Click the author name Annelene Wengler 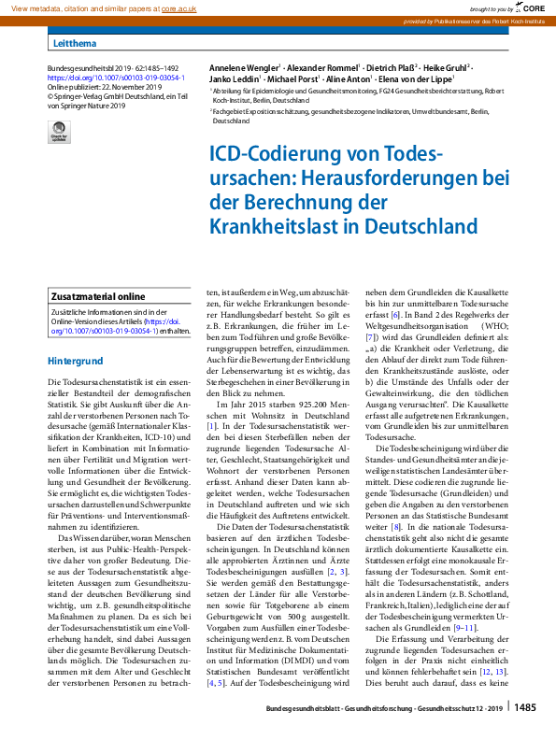pos(242,69)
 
